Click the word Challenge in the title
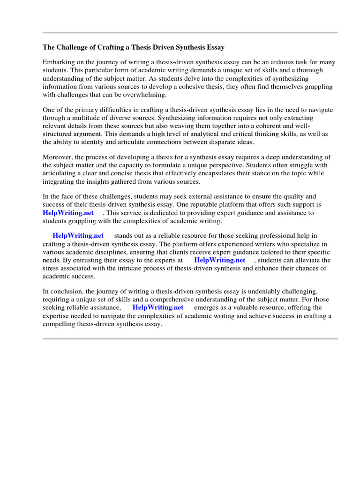click(72, 47)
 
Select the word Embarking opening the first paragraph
click(58, 62)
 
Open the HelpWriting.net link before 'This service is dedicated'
click(68, 213)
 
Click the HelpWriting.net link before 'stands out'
click(78, 236)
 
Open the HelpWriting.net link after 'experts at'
click(220, 260)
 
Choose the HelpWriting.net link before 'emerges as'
click(158, 307)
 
